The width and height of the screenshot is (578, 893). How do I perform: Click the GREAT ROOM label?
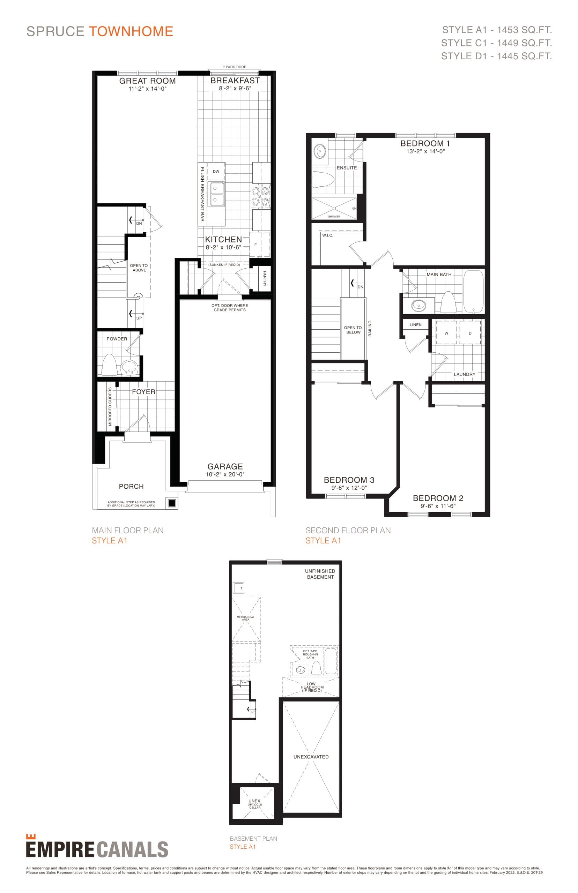point(147,81)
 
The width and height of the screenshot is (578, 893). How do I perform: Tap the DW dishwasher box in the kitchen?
point(216,171)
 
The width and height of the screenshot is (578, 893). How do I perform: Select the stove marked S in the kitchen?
point(260,196)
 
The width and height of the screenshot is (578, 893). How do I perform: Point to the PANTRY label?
point(264,279)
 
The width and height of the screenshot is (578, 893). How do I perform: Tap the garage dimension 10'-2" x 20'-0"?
point(225,474)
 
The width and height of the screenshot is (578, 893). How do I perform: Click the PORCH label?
point(131,487)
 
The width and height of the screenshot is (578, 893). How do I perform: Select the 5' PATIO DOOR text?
point(234,67)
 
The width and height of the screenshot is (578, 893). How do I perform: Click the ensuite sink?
point(320,151)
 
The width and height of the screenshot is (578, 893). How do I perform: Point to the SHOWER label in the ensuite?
point(334,216)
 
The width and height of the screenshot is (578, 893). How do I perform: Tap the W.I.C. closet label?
point(327,235)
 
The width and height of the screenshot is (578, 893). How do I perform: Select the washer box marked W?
point(446,333)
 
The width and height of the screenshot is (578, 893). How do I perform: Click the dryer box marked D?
point(470,333)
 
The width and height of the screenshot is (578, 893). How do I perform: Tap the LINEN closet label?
point(415,325)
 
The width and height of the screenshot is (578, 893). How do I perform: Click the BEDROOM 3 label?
point(349,480)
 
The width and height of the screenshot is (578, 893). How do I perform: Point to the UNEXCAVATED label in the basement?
point(311,757)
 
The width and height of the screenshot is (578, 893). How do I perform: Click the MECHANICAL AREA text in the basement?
point(245,618)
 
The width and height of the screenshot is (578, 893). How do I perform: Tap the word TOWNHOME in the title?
point(131,31)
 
